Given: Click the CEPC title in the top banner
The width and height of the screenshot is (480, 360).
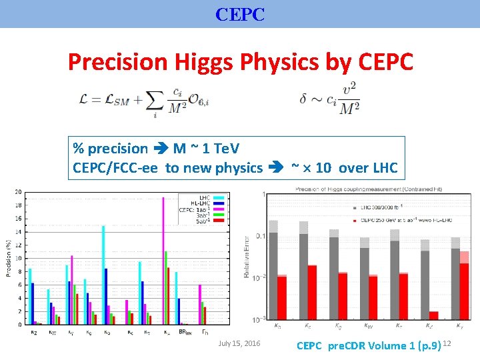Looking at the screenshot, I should (x=240, y=14).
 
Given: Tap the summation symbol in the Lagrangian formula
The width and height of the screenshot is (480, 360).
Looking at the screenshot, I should (x=155, y=101).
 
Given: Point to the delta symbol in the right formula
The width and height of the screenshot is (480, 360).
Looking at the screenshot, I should (x=305, y=99).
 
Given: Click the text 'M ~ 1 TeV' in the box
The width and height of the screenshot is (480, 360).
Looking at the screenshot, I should (x=207, y=149).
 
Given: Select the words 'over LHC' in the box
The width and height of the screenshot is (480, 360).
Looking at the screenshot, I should (x=368, y=168).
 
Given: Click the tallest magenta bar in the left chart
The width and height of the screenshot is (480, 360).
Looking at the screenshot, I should (x=163, y=260).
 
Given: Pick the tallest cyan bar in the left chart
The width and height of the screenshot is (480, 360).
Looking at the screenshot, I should (x=103, y=275).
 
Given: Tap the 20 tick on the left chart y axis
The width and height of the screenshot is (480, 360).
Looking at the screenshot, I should (x=18, y=193).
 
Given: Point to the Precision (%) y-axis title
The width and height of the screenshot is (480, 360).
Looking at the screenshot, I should (x=9, y=259).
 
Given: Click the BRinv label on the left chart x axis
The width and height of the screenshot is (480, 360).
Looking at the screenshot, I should (x=185, y=331).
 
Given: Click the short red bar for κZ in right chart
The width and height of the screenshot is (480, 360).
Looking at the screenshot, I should (x=434, y=315).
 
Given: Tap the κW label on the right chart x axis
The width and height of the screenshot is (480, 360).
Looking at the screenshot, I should (x=369, y=327).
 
